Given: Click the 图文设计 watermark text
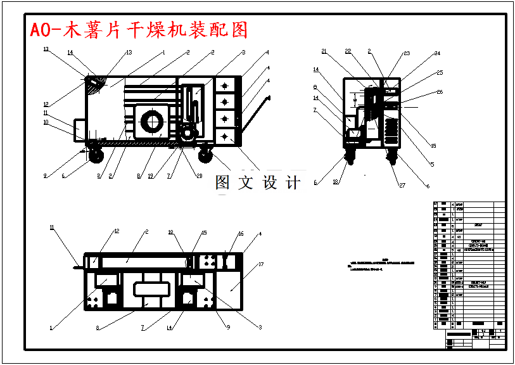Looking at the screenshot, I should click(x=257, y=183).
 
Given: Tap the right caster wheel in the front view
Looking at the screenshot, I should click(x=205, y=153).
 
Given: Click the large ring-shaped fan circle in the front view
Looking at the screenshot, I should click(x=153, y=122).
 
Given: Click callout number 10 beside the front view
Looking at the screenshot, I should click(x=46, y=123).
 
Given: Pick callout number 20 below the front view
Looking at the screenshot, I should click(x=199, y=176).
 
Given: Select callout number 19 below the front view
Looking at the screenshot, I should click(x=151, y=177).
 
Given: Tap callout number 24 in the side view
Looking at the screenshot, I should click(x=436, y=54).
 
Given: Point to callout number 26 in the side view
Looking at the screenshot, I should click(x=440, y=93).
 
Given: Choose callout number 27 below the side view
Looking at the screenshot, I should click(x=402, y=185).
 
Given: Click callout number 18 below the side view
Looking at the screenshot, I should click(x=335, y=182).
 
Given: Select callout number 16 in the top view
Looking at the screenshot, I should click(x=241, y=234).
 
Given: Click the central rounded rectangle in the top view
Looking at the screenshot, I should click(x=150, y=290).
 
